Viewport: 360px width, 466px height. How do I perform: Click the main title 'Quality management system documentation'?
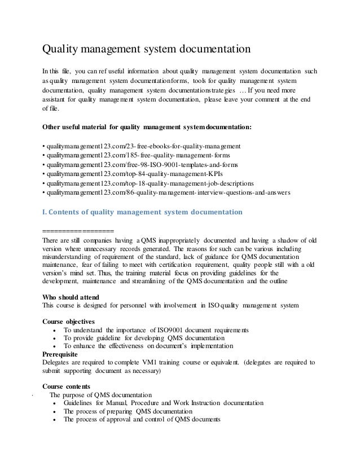pyautogui.click(x=147, y=50)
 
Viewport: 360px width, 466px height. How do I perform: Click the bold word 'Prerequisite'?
pyautogui.click(x=66, y=354)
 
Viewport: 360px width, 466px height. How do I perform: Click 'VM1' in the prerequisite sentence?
pyautogui.click(x=156, y=362)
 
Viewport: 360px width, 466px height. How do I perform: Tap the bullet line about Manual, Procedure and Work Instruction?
pyautogui.click(x=163, y=403)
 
